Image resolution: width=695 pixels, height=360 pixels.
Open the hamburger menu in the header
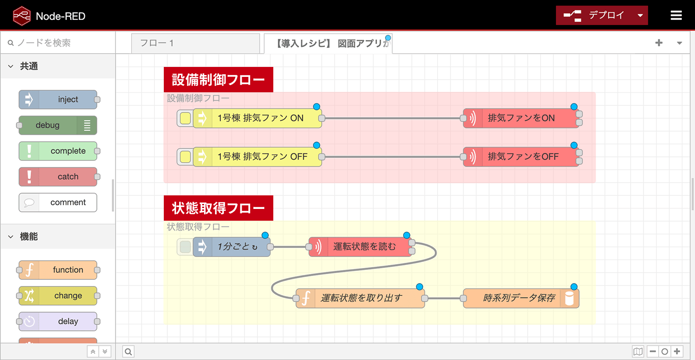coord(676,15)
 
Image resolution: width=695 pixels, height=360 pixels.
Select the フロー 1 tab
coord(195,43)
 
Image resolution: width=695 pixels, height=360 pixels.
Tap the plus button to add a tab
coord(659,43)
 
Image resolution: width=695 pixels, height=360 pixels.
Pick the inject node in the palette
coord(58,99)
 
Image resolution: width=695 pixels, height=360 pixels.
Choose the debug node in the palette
coord(58,125)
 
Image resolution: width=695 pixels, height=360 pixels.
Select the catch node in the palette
coord(58,177)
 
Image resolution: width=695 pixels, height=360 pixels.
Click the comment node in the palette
coord(58,203)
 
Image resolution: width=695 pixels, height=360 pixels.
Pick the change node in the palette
coord(58,295)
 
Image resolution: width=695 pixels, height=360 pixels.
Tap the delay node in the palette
coord(58,321)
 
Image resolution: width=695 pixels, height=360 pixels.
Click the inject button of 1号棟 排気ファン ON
coord(185,118)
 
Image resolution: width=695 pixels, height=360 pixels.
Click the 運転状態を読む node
coord(360,246)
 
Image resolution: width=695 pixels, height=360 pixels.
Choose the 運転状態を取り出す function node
coord(360,298)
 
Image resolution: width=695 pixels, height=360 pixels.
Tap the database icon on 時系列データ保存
coord(569,298)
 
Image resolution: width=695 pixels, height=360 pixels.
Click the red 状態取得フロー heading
coord(219,208)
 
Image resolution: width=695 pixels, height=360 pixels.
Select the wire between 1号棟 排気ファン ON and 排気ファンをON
coord(392,118)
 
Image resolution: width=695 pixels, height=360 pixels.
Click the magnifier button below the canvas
coord(128,351)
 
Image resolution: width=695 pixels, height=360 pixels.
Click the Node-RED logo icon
coord(22,15)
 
